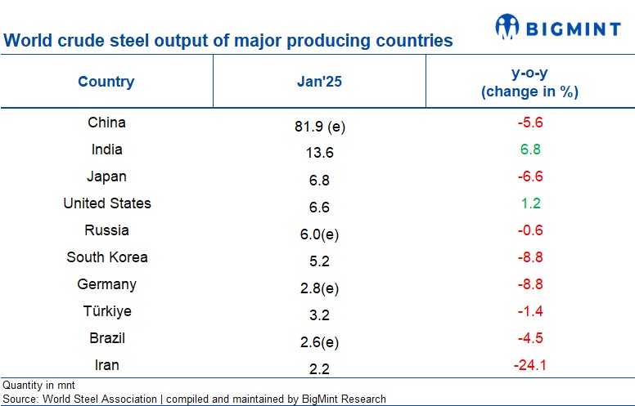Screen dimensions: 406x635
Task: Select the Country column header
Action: pyautogui.click(x=106, y=82)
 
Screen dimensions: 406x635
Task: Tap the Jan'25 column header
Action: pyautogui.click(x=319, y=82)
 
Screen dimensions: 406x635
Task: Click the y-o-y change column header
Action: pyautogui.click(x=529, y=83)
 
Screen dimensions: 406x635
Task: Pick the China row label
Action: pyautogui.click(x=106, y=123)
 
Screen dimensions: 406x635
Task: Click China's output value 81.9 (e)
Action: pyautogui.click(x=319, y=126)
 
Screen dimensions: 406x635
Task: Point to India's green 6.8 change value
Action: pyautogui.click(x=529, y=149)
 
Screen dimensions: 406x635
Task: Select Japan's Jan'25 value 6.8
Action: pyautogui.click(x=319, y=180)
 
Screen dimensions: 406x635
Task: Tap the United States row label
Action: pyautogui.click(x=106, y=203)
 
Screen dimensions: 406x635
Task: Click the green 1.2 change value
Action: pyautogui.click(x=529, y=203)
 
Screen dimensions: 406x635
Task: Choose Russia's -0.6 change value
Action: pyautogui.click(x=529, y=230)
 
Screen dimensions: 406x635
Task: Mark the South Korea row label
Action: pyautogui.click(x=106, y=257)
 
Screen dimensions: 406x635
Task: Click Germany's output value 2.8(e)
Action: pyautogui.click(x=319, y=288)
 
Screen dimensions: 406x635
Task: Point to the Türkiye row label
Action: pyautogui.click(x=106, y=311)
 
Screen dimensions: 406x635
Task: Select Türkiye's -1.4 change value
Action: pyautogui.click(x=529, y=311)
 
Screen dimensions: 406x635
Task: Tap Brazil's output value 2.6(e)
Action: pyautogui.click(x=319, y=341)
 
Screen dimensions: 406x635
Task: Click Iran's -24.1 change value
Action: pyautogui.click(x=529, y=365)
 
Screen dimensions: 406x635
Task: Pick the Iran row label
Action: pyautogui.click(x=106, y=365)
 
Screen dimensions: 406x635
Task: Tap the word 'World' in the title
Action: pyautogui.click(x=26, y=40)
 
